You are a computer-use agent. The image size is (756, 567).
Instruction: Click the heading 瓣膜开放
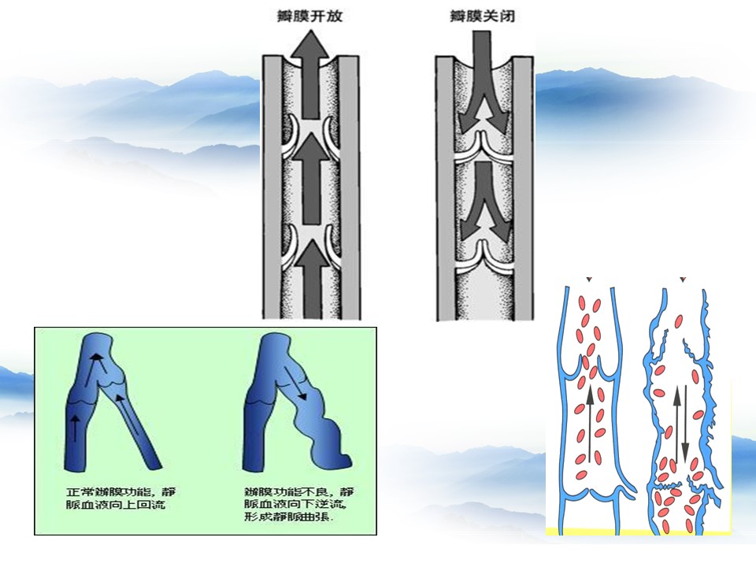311,16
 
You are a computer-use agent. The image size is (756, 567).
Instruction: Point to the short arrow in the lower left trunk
75,426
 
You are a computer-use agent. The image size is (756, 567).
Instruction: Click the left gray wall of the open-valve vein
270,189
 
